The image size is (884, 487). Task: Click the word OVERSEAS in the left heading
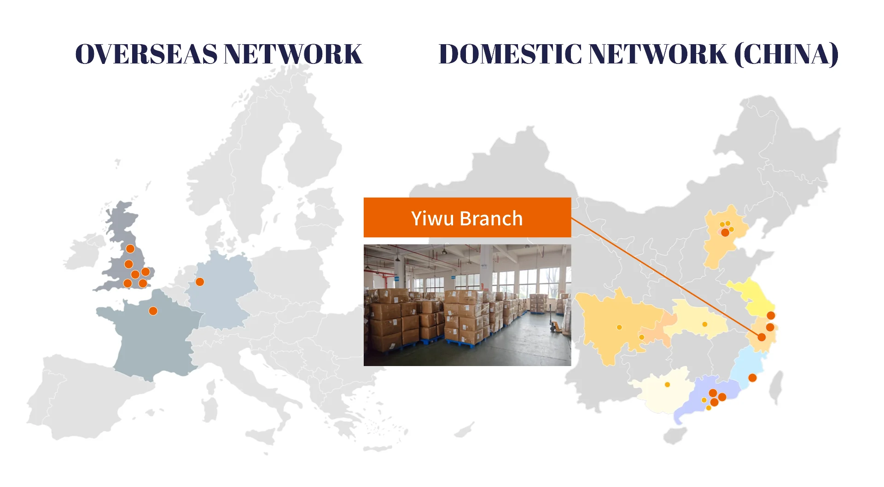(146, 54)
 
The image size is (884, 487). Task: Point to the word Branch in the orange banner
(491, 218)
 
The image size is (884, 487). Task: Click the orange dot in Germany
(200, 281)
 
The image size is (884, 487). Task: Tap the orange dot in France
(153, 311)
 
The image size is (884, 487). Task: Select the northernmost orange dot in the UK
(130, 249)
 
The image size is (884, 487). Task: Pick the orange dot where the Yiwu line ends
(762, 337)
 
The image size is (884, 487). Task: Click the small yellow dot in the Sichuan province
(619, 327)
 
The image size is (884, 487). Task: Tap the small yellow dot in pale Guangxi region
(667, 384)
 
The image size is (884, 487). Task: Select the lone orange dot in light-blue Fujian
(752, 378)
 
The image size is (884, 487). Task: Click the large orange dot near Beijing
(725, 233)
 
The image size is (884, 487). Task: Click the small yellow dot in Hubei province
(704, 324)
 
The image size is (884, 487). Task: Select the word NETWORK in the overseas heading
(293, 54)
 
